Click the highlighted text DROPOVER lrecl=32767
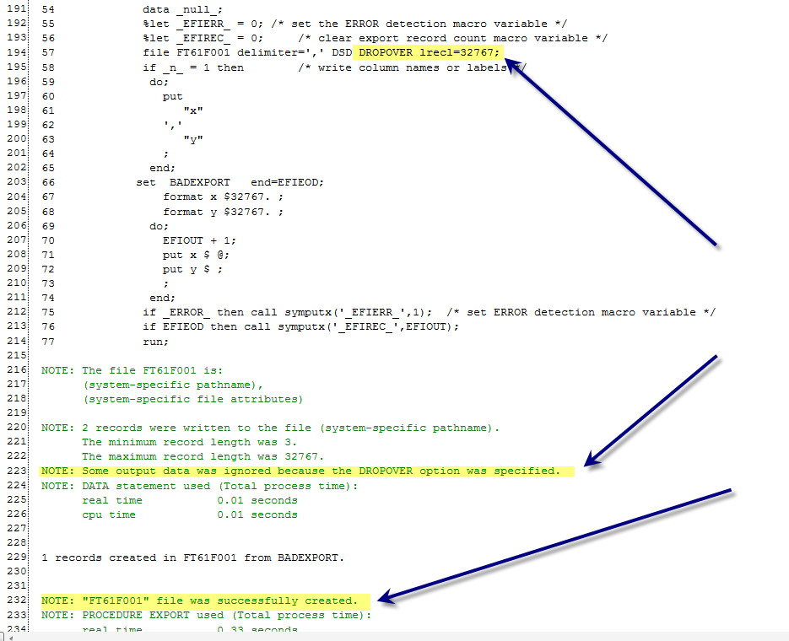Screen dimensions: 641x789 pyautogui.click(x=429, y=52)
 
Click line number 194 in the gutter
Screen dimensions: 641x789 pyautogui.click(x=14, y=52)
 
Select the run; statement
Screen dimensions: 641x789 pyautogui.click(x=156, y=341)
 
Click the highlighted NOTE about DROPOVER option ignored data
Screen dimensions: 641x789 pyautogui.click(x=300, y=471)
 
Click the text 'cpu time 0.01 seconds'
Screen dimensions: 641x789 pyautogui.click(x=190, y=514)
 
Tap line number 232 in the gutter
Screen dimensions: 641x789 pyautogui.click(x=14, y=601)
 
